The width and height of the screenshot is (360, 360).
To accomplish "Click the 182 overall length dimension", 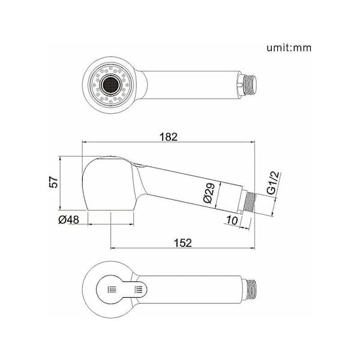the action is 169,137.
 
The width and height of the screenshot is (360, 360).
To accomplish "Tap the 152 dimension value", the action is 183,243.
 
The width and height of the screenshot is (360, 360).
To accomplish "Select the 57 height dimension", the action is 54,182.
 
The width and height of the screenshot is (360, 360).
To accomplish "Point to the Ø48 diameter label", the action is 68,220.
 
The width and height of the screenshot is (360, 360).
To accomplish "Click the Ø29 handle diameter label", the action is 209,193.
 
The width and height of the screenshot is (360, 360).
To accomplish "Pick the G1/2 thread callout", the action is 274,183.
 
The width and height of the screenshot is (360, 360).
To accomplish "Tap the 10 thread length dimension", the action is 232,220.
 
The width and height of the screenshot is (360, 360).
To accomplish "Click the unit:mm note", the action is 289,48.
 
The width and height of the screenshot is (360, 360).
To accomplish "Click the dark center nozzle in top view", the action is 110,85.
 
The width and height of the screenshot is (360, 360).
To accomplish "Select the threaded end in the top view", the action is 250,85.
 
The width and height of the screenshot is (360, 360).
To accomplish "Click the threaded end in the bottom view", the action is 250,289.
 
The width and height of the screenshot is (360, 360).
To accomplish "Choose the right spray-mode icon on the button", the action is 139,289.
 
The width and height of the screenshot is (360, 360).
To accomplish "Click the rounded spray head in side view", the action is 109,183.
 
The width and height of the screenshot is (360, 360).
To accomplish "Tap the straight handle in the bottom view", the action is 190,289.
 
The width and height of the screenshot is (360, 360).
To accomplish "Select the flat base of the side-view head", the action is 110,210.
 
